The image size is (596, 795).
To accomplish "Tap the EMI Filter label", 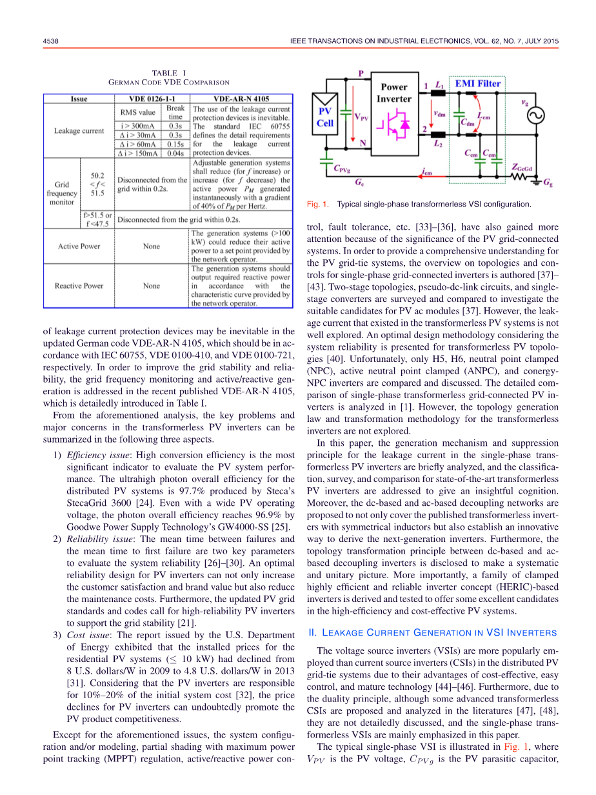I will coord(478,83).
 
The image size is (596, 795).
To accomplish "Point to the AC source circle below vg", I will coord(535,116).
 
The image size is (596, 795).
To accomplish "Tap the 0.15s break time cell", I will coord(175,145).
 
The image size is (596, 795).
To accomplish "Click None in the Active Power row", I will coord(152,246).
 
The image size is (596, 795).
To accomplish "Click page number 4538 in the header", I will coord(51,41).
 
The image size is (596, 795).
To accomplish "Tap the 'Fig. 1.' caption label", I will coord(318,205).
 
